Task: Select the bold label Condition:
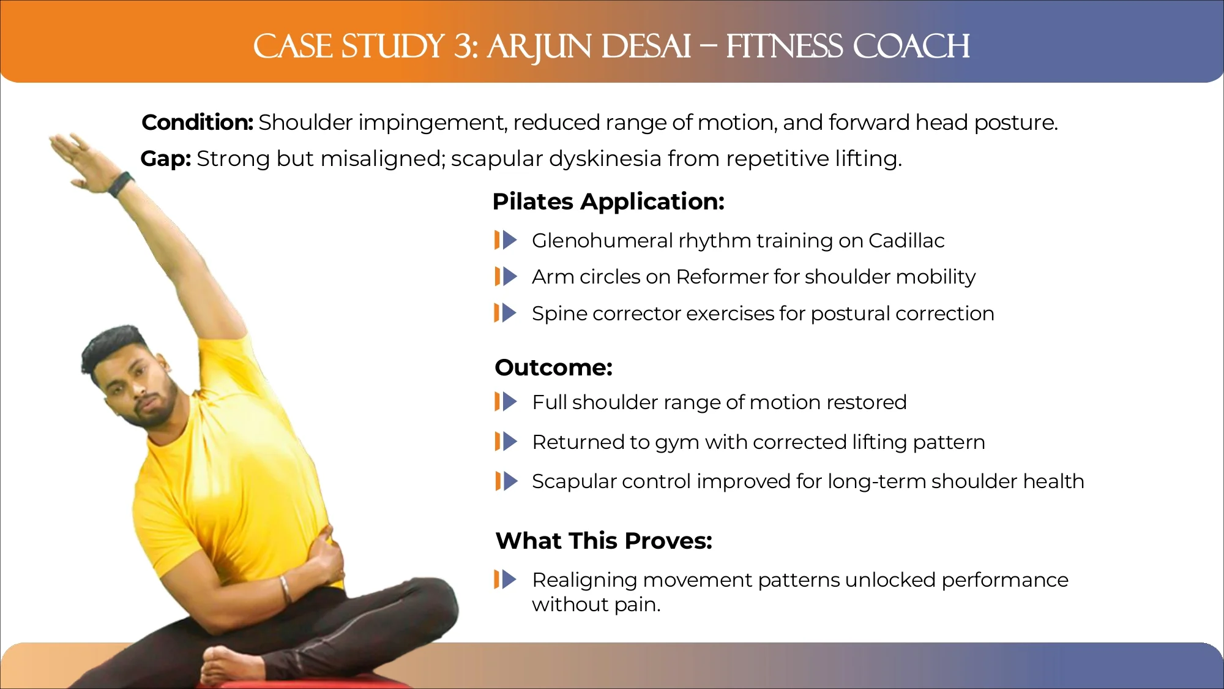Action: pyautogui.click(x=197, y=122)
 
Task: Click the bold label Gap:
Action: pyautogui.click(x=166, y=159)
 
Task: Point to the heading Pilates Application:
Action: pyautogui.click(x=608, y=201)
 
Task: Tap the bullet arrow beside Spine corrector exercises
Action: pyautogui.click(x=506, y=313)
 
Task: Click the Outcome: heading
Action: pyautogui.click(x=553, y=367)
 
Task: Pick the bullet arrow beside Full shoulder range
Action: pyautogui.click(x=506, y=402)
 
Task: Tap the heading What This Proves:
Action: pyautogui.click(x=603, y=541)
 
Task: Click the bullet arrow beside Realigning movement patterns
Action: pyautogui.click(x=506, y=579)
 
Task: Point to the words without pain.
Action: pyautogui.click(x=596, y=604)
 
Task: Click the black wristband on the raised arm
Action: pyautogui.click(x=121, y=184)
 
